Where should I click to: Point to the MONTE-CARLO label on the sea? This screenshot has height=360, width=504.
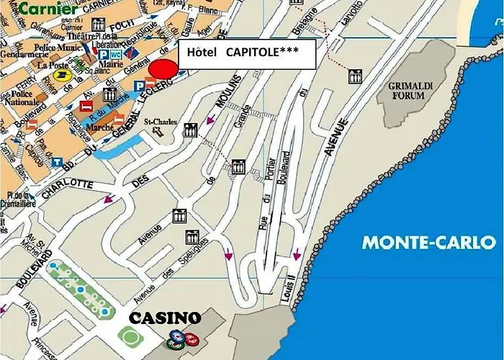pos(429,242)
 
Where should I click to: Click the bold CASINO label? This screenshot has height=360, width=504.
pos(164,318)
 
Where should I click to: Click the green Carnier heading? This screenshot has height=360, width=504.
pos(48,9)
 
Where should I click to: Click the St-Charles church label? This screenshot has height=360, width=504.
pos(161,122)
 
